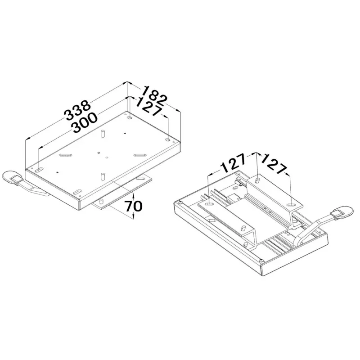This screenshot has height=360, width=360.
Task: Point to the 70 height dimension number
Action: point(133,206)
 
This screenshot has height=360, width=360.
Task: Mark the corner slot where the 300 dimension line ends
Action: point(39,170)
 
